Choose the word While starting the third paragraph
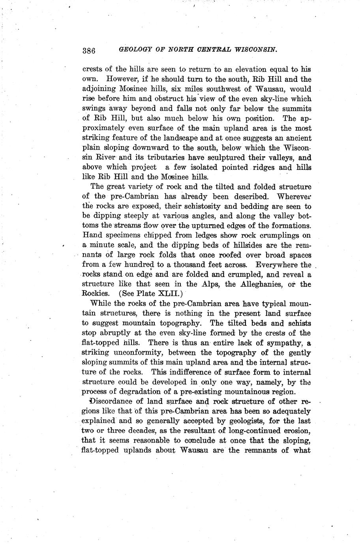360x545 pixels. pyautogui.click(x=101, y=304)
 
